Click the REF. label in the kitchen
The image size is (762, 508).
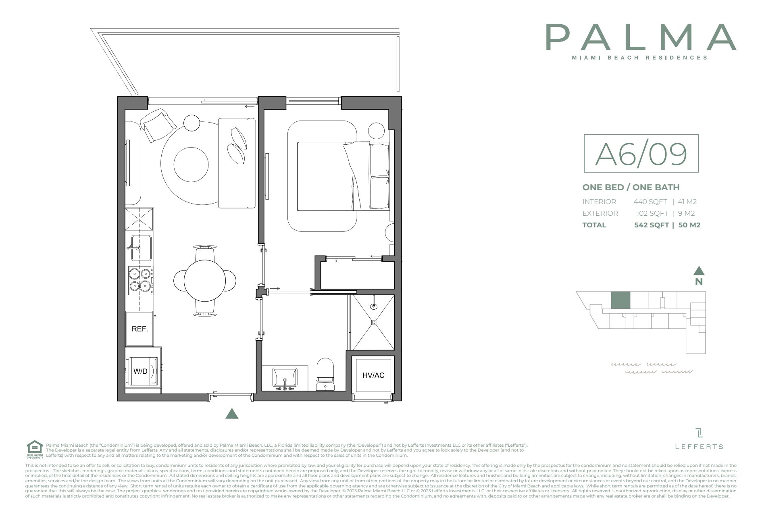click(x=140, y=329)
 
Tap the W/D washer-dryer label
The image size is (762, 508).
click(x=140, y=371)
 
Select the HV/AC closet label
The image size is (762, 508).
click(x=373, y=375)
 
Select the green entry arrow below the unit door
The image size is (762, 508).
click(x=231, y=414)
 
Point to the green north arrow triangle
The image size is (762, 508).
click(x=699, y=271)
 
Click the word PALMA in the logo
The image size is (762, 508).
click(x=641, y=37)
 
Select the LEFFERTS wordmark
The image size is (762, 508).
click(x=699, y=447)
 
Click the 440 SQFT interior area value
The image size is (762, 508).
click(x=650, y=202)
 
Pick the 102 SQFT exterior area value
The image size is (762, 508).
click(x=652, y=213)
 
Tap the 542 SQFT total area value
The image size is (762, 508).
click(x=651, y=225)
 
